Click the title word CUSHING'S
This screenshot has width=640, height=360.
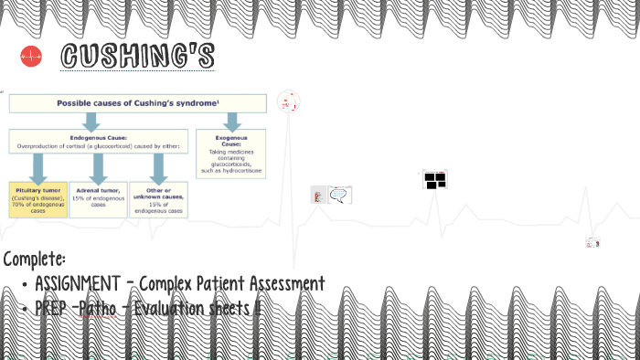[137, 56]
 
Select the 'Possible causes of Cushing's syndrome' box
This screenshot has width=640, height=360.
[138, 103]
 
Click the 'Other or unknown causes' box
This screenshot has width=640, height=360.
[159, 198]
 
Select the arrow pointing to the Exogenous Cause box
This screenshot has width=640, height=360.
[232, 122]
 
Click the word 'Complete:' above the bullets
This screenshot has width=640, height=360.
[34, 259]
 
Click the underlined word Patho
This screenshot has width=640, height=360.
[99, 309]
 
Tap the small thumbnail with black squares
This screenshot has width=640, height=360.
[435, 179]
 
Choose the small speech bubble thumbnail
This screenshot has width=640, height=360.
[339, 195]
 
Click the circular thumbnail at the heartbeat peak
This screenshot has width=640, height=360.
[289, 101]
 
